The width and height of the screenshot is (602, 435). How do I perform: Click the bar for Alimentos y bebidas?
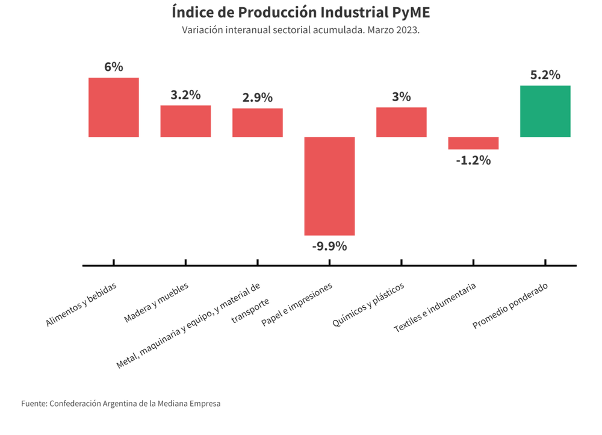pyautogui.click(x=114, y=107)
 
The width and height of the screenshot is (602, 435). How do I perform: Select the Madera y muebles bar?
pyautogui.click(x=185, y=121)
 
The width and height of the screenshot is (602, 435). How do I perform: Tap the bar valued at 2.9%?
pyautogui.click(x=258, y=122)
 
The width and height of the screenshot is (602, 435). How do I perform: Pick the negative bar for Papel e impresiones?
pyautogui.click(x=329, y=186)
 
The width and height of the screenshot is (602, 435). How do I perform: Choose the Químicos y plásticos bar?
pyautogui.click(x=402, y=122)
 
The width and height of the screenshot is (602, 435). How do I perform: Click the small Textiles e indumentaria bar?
pyautogui.click(x=473, y=143)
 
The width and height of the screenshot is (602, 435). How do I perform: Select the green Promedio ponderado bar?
pyautogui.click(x=545, y=111)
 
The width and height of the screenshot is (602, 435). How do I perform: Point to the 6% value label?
pyautogui.click(x=114, y=67)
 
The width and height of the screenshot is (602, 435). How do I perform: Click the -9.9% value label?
pyautogui.click(x=329, y=246)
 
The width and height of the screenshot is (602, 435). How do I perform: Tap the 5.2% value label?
pyautogui.click(x=545, y=75)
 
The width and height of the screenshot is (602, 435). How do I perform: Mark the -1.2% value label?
pyautogui.click(x=473, y=160)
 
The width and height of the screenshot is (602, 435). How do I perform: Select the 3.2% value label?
pyautogui.click(x=185, y=95)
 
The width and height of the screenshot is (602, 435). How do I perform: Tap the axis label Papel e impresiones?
pyautogui.click(x=297, y=304)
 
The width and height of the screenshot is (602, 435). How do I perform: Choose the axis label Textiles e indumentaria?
pyautogui.click(x=435, y=308)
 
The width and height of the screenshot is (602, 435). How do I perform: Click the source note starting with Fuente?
pyautogui.click(x=120, y=403)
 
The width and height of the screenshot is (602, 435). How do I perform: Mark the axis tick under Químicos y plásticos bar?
pyautogui.click(x=402, y=262)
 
